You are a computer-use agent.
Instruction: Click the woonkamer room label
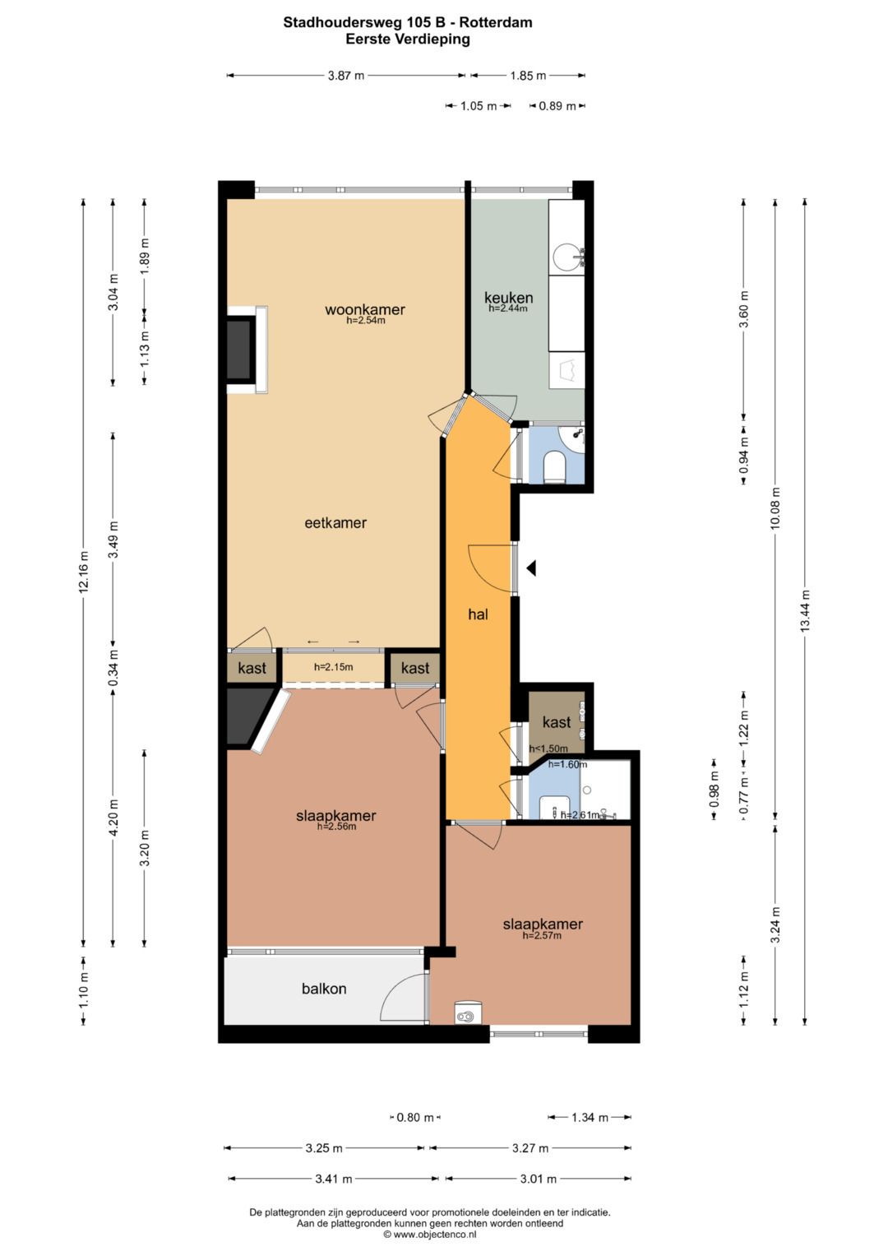pyautogui.click(x=364, y=309)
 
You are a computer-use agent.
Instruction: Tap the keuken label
pyautogui.click(x=508, y=297)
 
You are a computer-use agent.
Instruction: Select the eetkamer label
pyautogui.click(x=335, y=522)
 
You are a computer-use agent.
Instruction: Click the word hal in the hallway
pyautogui.click(x=478, y=614)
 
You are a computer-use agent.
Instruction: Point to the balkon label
pyautogui.click(x=323, y=989)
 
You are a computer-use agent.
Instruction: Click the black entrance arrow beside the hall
pyautogui.click(x=532, y=568)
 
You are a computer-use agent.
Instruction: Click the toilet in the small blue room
pyautogui.click(x=556, y=466)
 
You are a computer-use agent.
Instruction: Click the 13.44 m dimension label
pyautogui.click(x=805, y=611)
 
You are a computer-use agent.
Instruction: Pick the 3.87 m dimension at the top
pyautogui.click(x=345, y=76)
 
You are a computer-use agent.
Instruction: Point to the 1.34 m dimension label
pyautogui.click(x=590, y=1117)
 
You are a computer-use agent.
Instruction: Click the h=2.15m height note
pyautogui.click(x=333, y=667)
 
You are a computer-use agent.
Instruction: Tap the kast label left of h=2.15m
pyautogui.click(x=252, y=668)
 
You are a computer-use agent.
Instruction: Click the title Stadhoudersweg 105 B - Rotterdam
pyautogui.click(x=408, y=22)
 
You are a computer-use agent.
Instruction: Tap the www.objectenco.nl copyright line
pyautogui.click(x=429, y=1234)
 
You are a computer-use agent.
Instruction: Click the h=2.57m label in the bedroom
pyautogui.click(x=542, y=935)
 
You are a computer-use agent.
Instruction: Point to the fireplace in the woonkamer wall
pyautogui.click(x=240, y=350)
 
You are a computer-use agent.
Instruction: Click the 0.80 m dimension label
pyautogui.click(x=414, y=1117)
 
